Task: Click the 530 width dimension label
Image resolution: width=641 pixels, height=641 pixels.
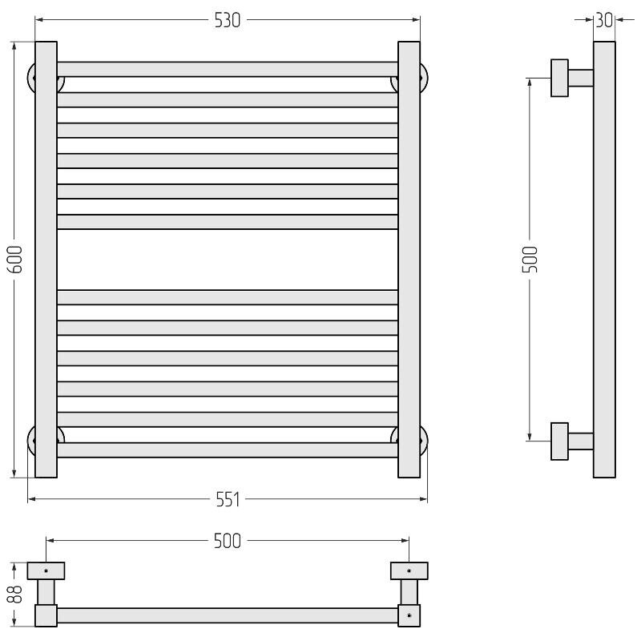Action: (x=228, y=21)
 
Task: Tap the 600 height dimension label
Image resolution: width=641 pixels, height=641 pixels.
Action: (x=15, y=260)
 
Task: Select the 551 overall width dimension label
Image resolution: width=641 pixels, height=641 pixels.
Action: (x=228, y=499)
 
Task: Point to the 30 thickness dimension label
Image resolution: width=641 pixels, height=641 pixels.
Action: (x=604, y=20)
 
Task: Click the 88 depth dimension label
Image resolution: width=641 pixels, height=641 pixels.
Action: (x=14, y=594)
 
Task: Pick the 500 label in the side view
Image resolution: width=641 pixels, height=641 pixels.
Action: (x=530, y=260)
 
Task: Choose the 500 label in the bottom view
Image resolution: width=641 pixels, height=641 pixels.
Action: (x=228, y=542)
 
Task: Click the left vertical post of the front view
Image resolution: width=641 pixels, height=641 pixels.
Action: (x=46, y=260)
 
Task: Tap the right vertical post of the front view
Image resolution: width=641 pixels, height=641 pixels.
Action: (x=409, y=260)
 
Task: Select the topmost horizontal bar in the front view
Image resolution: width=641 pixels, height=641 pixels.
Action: (x=228, y=70)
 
